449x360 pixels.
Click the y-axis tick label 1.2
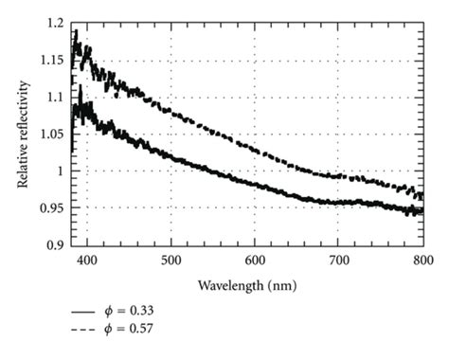click(x=58, y=22)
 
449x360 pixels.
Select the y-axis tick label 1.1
click(x=58, y=96)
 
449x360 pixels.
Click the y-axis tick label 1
click(x=63, y=171)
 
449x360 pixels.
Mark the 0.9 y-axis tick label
click(x=58, y=244)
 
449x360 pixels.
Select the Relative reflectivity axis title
click(x=23, y=133)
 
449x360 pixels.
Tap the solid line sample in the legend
click(x=84, y=311)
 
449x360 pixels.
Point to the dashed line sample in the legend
click(x=84, y=330)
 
